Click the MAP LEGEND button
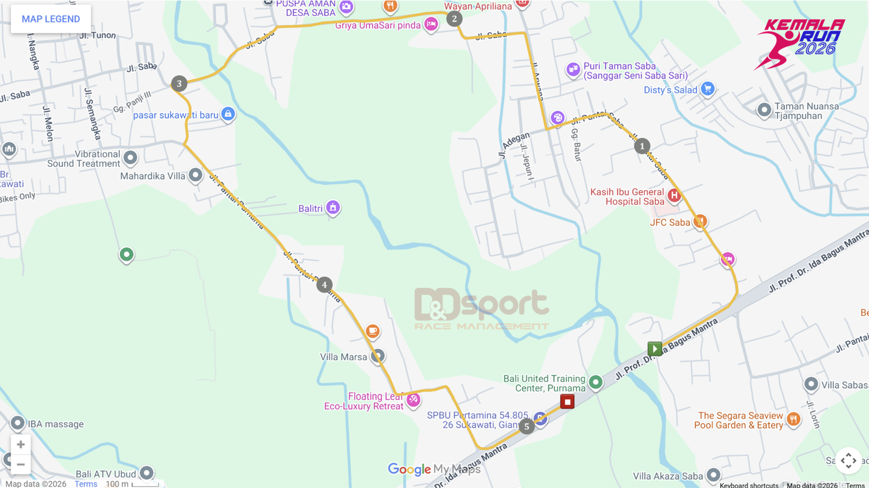pyautogui.click(x=51, y=19)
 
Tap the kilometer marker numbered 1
pyautogui.click(x=642, y=147)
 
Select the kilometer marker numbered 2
pyautogui.click(x=454, y=19)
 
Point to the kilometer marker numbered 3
pyautogui.click(x=179, y=84)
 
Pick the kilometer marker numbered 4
pyautogui.click(x=324, y=285)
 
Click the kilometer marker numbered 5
pyautogui.click(x=526, y=427)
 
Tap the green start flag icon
pyautogui.click(x=654, y=349)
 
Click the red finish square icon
pyautogui.click(x=567, y=402)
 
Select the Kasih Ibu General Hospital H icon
pyautogui.click(x=674, y=195)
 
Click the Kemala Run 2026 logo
pyautogui.click(x=800, y=43)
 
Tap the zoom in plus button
pyautogui.click(x=21, y=445)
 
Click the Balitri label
pyautogui.click(x=310, y=209)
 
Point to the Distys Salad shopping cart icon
pyautogui.click(x=708, y=89)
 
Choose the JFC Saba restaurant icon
pyautogui.click(x=700, y=221)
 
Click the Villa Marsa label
pyautogui.click(x=343, y=357)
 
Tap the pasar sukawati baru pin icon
pyautogui.click(x=228, y=114)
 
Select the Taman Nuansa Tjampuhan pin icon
pyautogui.click(x=764, y=110)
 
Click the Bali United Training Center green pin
pyautogui.click(x=595, y=382)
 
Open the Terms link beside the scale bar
pyautogui.click(x=86, y=484)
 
